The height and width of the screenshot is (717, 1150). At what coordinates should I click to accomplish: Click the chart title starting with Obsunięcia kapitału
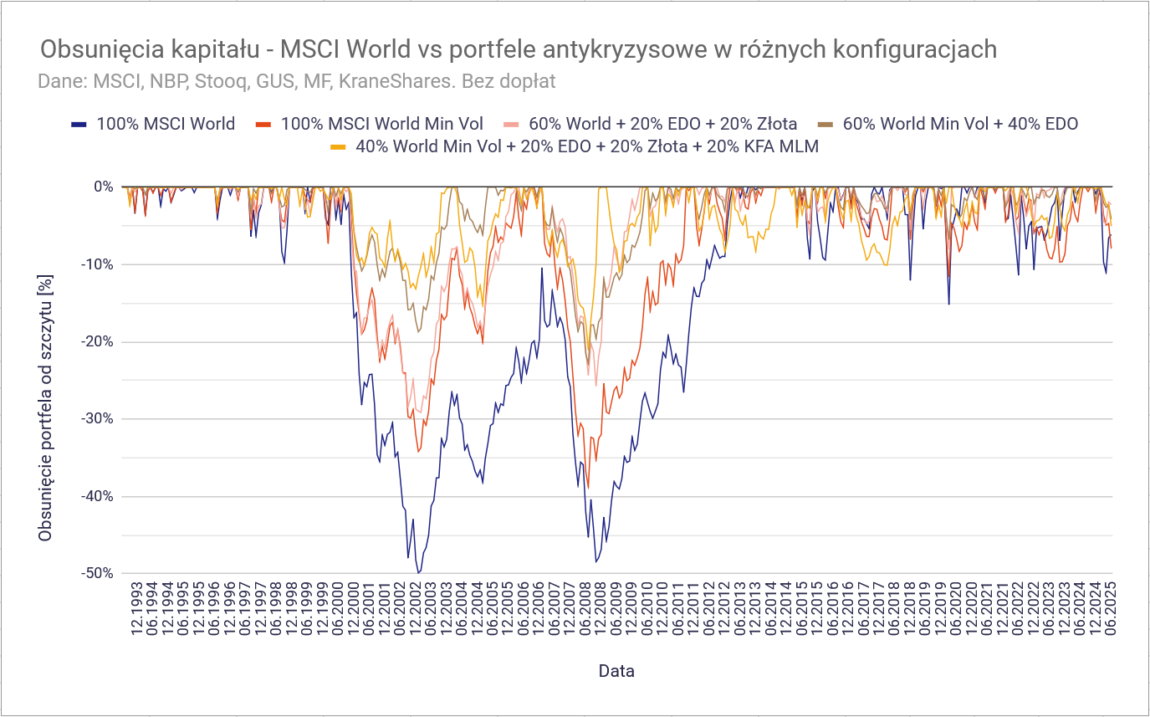coord(519,49)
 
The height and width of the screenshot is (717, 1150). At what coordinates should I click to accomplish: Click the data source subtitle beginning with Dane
coord(297,82)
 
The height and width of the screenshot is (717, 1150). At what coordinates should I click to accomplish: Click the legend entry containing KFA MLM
coord(586,146)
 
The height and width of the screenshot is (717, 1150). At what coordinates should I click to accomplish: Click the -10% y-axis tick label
coord(98,264)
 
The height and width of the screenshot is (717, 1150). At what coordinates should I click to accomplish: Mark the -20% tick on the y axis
coord(98,341)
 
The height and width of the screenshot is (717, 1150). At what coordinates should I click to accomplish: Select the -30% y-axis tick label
coord(98,419)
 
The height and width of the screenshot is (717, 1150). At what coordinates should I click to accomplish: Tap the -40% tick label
coord(98,496)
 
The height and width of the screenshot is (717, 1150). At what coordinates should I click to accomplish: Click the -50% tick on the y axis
coord(98,574)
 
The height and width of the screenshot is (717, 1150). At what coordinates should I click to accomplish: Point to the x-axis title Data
coord(616,671)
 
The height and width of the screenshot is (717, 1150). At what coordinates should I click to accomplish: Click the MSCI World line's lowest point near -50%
coord(418,573)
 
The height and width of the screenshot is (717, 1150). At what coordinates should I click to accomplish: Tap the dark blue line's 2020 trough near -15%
coord(948,304)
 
